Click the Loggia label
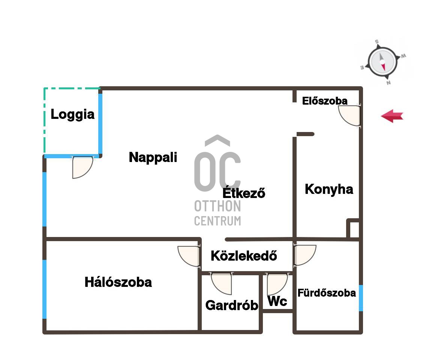[72, 114]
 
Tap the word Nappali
[153, 157]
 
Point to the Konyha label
[329, 189]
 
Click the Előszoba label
[325, 100]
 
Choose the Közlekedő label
[244, 255]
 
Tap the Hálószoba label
[118, 282]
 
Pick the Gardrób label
[232, 305]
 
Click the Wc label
[277, 301]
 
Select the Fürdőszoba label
[327, 293]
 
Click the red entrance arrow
[392, 116]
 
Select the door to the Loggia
[82, 167]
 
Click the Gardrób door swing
[221, 283]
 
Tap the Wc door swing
[277, 284]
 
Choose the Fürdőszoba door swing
[305, 255]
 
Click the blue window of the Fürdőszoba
[361, 298]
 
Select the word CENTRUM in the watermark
[217, 221]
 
